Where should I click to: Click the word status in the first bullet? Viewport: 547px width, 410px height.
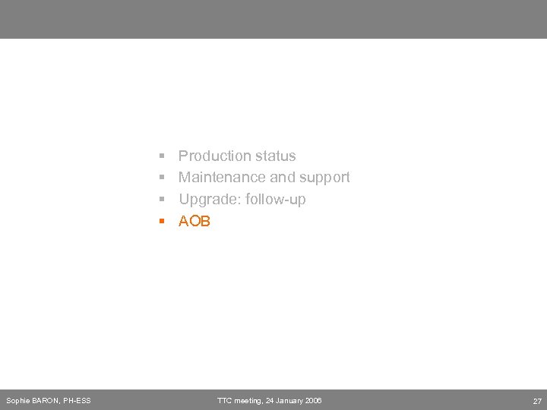tap(276, 156)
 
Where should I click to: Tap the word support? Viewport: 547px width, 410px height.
tap(325, 177)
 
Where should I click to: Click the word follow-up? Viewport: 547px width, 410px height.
tap(276, 199)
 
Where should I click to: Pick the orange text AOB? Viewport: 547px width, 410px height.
tap(194, 221)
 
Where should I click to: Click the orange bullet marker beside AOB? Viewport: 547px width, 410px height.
tap(162, 222)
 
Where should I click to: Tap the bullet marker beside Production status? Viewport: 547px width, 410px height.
tap(162, 156)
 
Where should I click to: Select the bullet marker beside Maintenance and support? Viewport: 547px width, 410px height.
tap(162, 178)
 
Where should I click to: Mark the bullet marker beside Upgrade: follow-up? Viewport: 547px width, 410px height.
tap(162, 200)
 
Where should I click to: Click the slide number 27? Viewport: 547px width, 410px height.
tap(536, 400)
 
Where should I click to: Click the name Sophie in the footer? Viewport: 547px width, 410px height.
tap(17, 400)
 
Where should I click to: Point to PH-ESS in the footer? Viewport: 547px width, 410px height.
tap(77, 400)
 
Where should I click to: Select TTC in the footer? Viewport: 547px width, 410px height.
tap(225, 400)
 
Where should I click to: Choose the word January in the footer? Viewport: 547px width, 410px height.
tap(289, 400)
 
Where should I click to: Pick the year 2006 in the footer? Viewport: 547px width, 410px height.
tap(313, 400)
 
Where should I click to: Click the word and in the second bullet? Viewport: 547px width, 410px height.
tap(282, 177)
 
